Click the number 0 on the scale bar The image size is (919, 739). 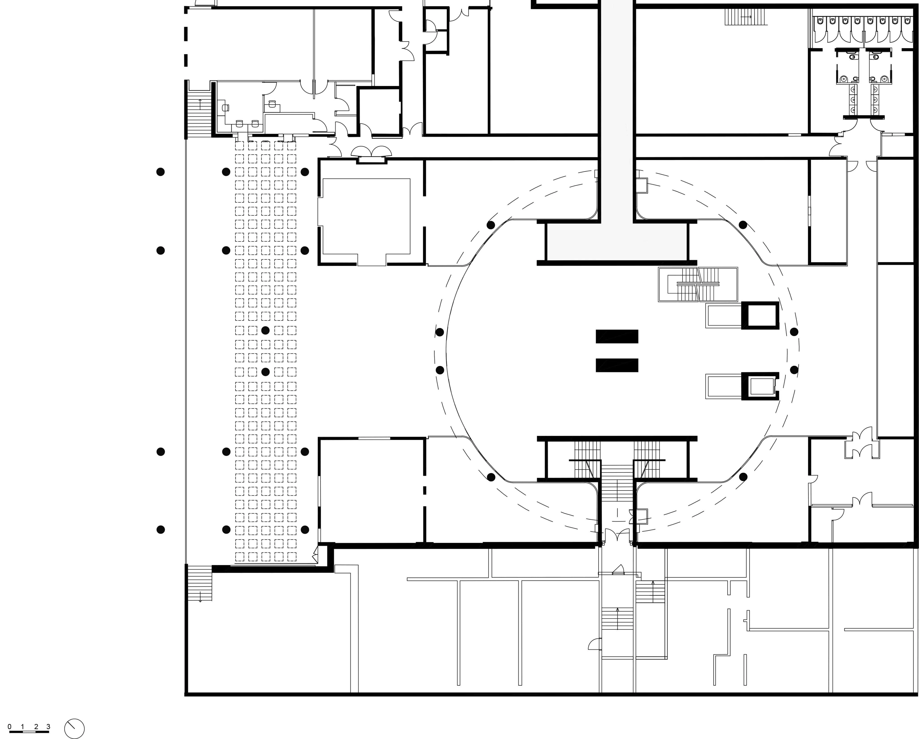click(9, 727)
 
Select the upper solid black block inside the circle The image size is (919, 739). click(617, 336)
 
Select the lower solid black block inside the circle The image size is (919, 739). click(617, 365)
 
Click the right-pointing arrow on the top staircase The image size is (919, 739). click(746, 17)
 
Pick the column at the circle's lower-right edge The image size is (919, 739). click(743, 477)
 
